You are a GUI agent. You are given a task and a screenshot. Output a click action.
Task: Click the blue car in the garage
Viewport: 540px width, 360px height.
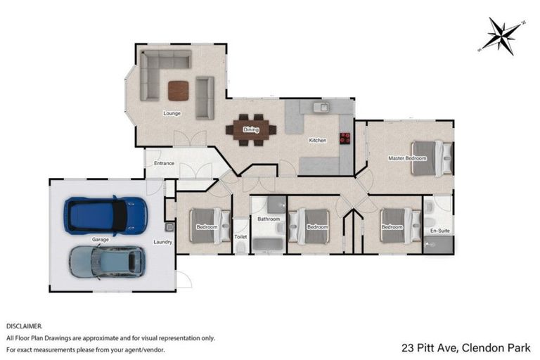[x=107, y=214]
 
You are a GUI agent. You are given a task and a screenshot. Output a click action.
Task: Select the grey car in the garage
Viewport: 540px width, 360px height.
[x=107, y=262]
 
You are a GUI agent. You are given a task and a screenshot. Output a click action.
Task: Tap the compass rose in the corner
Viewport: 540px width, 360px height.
[x=502, y=35]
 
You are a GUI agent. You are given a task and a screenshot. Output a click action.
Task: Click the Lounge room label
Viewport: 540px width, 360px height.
[x=172, y=113]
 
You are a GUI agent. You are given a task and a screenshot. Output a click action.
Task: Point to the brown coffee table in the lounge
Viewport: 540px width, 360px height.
[x=179, y=91]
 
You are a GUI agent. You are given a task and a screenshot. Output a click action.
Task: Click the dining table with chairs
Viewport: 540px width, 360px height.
[x=251, y=129]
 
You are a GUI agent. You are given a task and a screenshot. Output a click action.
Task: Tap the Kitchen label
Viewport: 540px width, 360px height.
[x=318, y=141]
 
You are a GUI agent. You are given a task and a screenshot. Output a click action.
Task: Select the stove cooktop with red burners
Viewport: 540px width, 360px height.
[x=345, y=138]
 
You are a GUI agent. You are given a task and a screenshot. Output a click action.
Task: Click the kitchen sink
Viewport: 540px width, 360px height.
[x=320, y=108]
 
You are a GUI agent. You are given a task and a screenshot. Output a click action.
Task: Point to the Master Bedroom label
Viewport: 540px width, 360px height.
[x=407, y=158]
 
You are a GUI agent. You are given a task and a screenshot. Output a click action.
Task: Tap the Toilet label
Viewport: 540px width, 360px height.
[x=241, y=237]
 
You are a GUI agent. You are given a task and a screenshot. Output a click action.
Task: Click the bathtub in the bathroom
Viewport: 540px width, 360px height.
[x=267, y=244]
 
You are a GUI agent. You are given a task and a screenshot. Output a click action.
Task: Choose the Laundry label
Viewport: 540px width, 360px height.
[x=163, y=243]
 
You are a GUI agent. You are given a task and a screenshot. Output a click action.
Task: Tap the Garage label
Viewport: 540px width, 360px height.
[x=100, y=239]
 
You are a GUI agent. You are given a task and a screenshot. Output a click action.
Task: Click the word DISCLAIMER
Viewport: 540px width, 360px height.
[x=25, y=327]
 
